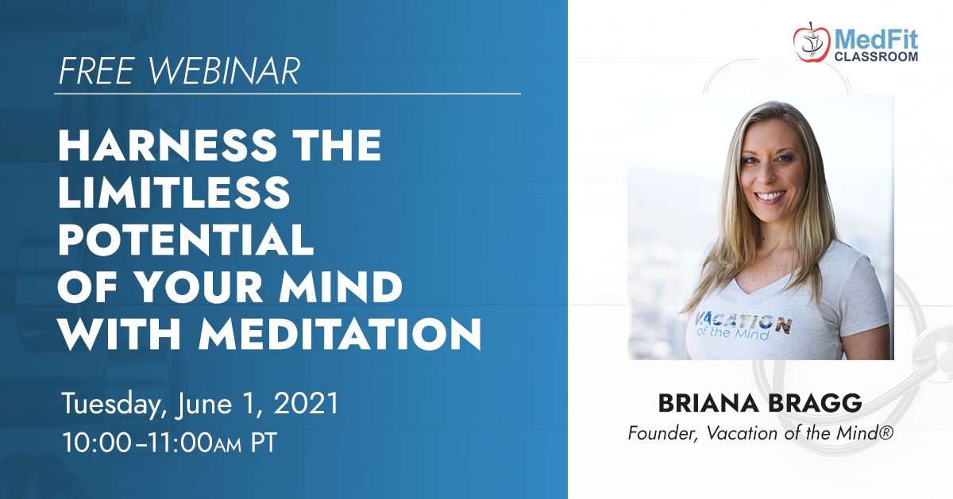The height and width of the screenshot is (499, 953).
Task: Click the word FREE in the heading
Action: [97, 71]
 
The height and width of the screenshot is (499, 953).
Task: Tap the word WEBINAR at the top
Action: [224, 71]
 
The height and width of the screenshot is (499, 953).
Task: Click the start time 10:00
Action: [97, 443]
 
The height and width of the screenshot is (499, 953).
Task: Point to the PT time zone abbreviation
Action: [264, 443]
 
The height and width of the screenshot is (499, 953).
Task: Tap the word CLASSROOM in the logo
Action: [876, 56]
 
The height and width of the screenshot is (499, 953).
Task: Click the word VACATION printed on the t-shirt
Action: [743, 323]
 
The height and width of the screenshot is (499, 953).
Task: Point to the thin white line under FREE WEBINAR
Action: [287, 94]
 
